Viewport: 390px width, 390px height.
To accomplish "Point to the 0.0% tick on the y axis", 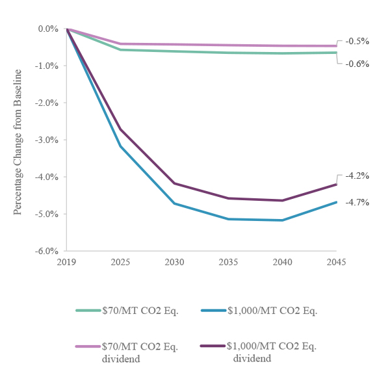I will click(x=48, y=29).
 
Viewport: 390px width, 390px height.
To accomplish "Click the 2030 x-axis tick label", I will click(x=174, y=262).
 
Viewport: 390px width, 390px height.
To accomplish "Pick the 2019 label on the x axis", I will click(x=67, y=262).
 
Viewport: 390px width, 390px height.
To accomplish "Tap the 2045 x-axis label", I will click(x=336, y=262).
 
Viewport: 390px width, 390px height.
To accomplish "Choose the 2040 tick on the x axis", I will click(x=282, y=262).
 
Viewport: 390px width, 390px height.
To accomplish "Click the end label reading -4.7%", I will click(x=357, y=202).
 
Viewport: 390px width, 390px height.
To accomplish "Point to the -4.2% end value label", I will click(x=357, y=175).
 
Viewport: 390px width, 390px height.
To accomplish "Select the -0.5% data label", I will click(x=357, y=41).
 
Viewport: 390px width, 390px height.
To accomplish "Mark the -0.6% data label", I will click(x=357, y=64).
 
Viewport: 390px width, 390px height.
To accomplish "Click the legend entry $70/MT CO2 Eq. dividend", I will click(x=140, y=352).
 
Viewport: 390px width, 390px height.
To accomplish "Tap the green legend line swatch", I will click(x=88, y=310).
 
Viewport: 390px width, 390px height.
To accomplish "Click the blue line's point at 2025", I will click(x=121, y=146).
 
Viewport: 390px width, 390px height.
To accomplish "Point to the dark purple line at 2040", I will click(x=282, y=200).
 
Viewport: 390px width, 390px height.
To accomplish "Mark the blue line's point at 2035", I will click(x=228, y=219).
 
